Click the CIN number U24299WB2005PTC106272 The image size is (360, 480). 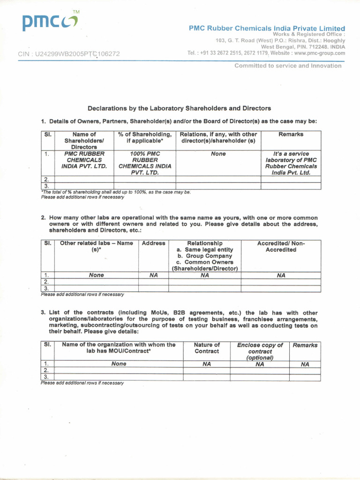pos(69,54)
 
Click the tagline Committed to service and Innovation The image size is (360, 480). pos(288,66)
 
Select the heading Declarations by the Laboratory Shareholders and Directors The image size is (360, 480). pos(180,108)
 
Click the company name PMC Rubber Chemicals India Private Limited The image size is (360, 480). pos(267,29)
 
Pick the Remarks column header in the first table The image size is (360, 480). pos(291,135)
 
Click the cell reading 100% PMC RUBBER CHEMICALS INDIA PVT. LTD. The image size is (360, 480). pos(145,163)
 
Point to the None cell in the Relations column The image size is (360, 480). pos(218,154)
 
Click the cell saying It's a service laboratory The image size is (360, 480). pos(291,163)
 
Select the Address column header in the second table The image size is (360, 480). pos(153,244)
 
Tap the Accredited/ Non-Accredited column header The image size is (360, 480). pos(281,247)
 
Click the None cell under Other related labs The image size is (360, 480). pos(96,276)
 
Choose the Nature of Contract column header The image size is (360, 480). pos(206,348)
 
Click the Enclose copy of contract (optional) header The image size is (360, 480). pos(260,351)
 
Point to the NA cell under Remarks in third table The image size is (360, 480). pos(305,364)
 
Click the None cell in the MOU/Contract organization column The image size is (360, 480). pos(119,364)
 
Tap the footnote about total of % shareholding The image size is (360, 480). pos(116,192)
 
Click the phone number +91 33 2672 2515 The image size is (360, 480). pos(223,53)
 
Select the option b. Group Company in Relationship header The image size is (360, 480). pos(204,256)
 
